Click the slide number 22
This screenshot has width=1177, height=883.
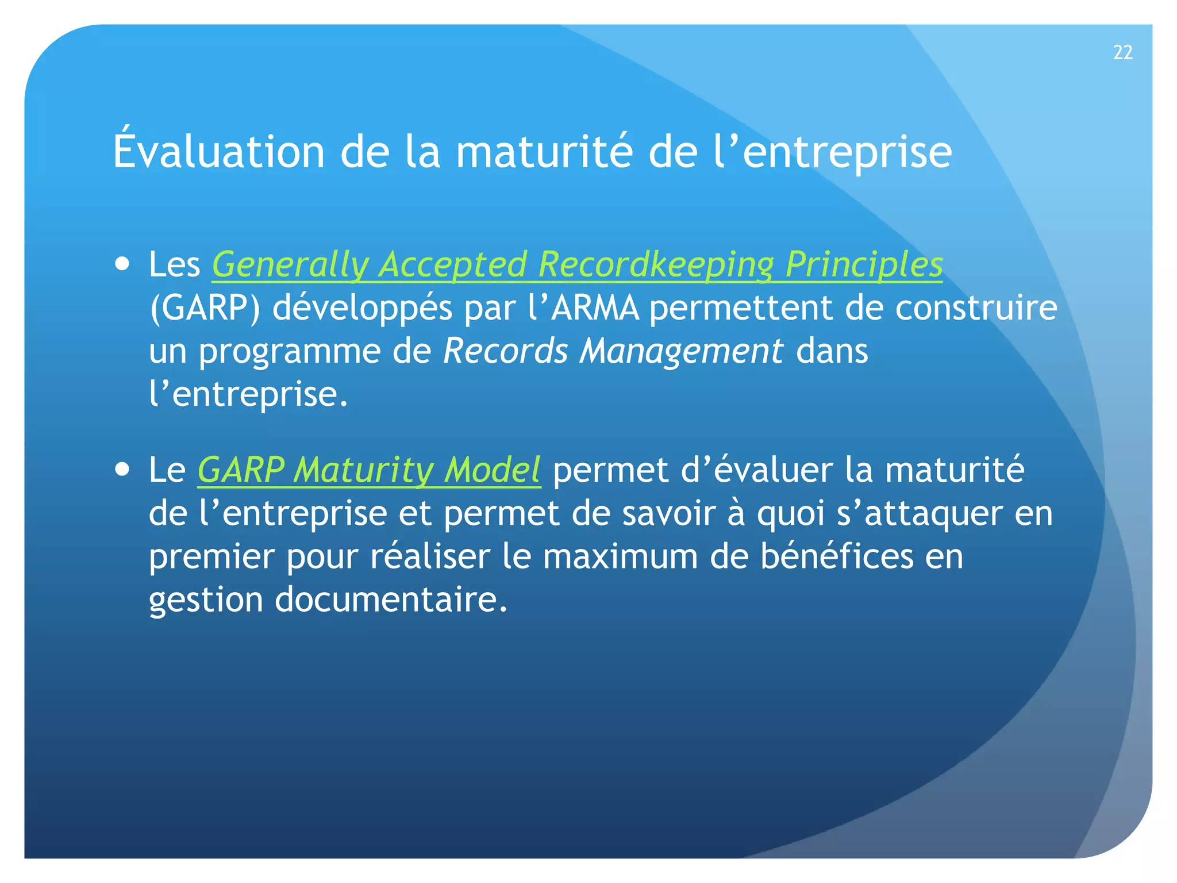(x=1122, y=53)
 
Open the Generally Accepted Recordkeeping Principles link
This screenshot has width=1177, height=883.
(x=577, y=266)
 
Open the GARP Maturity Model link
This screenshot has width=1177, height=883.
(x=368, y=470)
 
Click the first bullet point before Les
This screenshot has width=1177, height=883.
(x=122, y=265)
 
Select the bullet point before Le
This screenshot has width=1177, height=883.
(x=122, y=470)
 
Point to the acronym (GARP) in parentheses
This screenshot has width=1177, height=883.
(x=205, y=309)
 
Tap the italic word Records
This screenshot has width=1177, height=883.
(x=505, y=351)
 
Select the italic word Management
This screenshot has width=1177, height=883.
(x=680, y=351)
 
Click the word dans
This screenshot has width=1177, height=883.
(x=832, y=351)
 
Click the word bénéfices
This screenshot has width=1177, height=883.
(x=836, y=557)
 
